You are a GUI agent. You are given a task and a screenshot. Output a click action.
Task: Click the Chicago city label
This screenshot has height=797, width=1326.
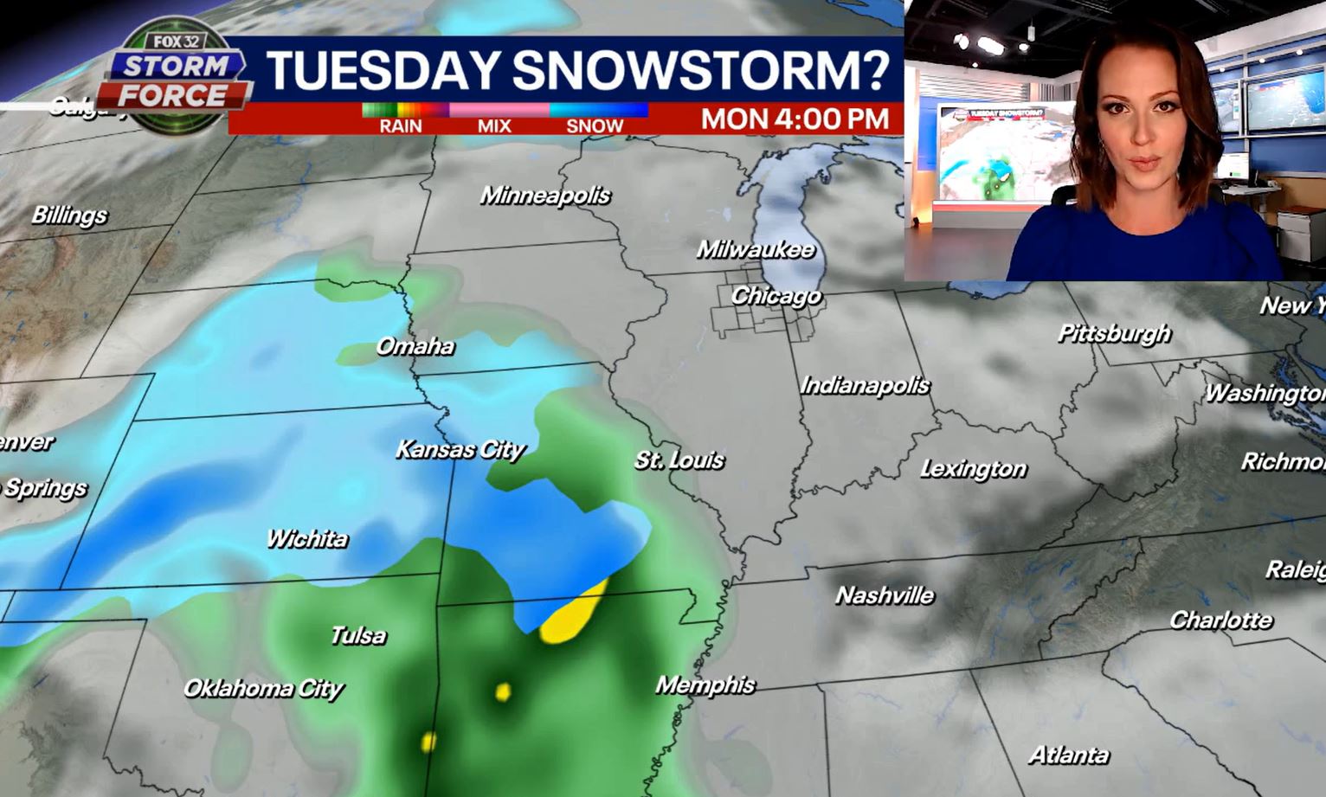(776, 296)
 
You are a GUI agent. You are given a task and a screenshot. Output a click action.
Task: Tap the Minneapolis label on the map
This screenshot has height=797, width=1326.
(545, 196)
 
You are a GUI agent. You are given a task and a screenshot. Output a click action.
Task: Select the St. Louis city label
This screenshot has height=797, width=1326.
(679, 460)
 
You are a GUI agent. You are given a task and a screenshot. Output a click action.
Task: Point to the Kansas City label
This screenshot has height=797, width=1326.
(460, 450)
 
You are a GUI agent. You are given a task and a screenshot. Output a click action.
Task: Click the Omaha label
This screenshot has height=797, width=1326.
(415, 346)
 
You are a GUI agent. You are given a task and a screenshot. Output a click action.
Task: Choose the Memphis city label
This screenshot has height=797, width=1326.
(705, 685)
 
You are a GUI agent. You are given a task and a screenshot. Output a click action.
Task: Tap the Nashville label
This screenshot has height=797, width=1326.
(885, 595)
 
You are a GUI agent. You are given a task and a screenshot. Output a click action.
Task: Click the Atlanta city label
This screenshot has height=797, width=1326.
(1069, 755)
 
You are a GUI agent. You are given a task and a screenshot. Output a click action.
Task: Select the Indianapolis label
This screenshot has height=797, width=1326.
(866, 385)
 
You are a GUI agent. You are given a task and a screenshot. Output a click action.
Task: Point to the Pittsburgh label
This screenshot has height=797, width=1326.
(1115, 333)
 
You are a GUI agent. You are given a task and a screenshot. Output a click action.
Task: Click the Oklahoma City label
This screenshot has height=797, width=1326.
(264, 689)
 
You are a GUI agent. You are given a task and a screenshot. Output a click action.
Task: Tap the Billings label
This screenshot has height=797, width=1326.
(69, 215)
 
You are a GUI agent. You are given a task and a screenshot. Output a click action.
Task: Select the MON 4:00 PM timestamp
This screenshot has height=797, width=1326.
(795, 119)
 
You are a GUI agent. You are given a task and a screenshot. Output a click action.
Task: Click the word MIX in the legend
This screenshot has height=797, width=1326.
(494, 126)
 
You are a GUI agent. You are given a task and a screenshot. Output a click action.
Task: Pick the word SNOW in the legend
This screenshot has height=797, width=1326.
(595, 126)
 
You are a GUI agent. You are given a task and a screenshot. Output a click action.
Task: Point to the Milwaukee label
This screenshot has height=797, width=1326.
(756, 250)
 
